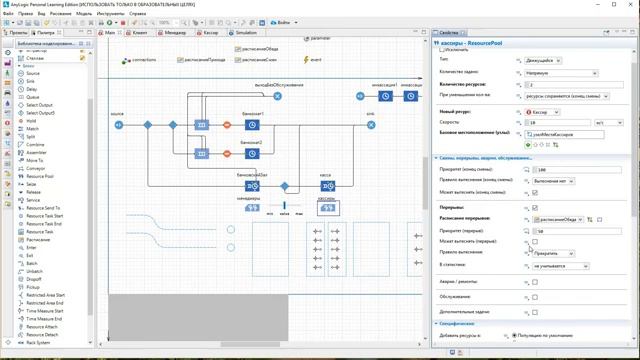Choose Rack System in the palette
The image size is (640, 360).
point(38,342)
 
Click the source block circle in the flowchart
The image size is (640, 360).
point(118,125)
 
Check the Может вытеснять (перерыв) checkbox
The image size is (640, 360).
point(535,242)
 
